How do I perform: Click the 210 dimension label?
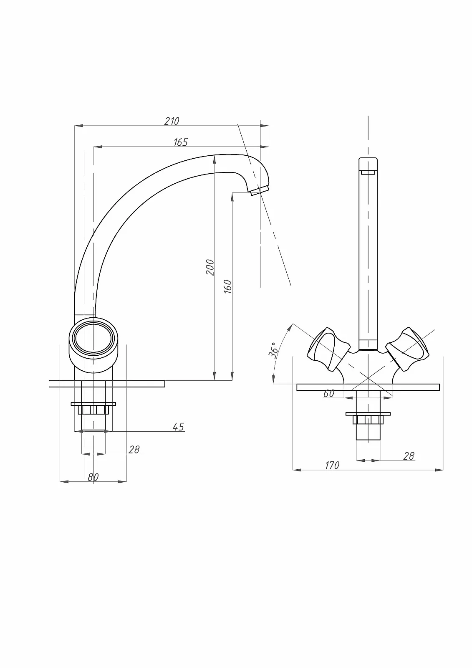click(172, 121)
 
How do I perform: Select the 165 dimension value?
click(181, 142)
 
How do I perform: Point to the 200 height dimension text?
click(210, 268)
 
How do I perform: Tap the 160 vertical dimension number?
click(228, 286)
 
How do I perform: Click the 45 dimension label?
click(178, 427)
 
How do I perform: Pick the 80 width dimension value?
click(93, 477)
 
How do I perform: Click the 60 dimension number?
click(328, 394)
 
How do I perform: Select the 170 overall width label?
click(332, 465)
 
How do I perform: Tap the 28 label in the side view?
click(134, 449)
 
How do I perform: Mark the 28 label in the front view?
click(409, 456)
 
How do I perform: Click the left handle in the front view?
click(328, 349)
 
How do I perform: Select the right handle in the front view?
click(408, 349)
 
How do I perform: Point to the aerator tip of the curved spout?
click(260, 190)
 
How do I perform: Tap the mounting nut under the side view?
click(93, 408)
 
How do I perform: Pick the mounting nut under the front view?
click(368, 418)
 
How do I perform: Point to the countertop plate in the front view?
click(368, 387)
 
